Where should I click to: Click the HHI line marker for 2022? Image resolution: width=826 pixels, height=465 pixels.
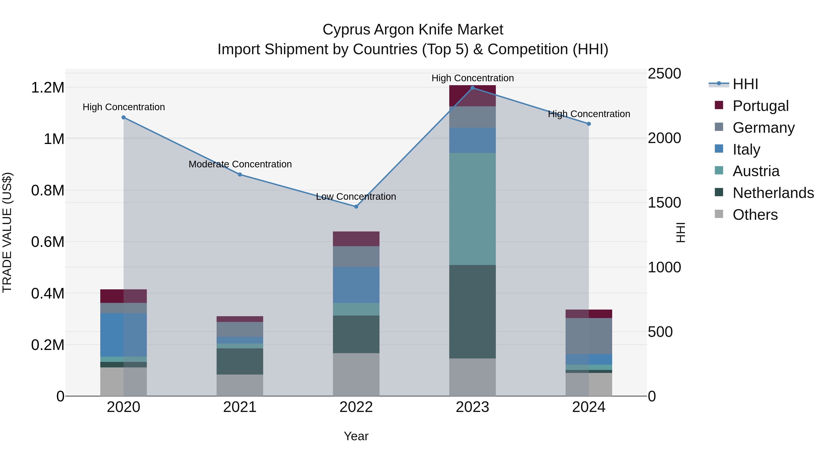356,207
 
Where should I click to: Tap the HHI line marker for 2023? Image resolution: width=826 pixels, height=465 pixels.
472,88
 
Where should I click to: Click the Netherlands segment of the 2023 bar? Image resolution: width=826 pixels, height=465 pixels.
472,311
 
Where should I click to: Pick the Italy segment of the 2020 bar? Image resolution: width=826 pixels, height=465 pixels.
123,335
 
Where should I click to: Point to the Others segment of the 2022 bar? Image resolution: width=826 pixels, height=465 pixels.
356,375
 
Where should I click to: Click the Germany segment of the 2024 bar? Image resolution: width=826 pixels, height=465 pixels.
589,336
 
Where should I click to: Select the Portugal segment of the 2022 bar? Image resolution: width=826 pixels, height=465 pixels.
356,239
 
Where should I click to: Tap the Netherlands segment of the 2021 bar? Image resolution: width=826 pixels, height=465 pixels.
240,361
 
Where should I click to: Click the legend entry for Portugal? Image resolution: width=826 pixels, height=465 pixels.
760,106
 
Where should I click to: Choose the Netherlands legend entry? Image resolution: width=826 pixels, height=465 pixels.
773,193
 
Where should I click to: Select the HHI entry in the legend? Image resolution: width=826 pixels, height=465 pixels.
745,84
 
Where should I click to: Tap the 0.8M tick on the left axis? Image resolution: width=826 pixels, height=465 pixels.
47,190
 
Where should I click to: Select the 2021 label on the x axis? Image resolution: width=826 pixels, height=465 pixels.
240,407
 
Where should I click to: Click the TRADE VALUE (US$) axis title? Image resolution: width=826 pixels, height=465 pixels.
7,232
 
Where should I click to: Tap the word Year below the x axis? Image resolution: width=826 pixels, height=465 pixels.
356,436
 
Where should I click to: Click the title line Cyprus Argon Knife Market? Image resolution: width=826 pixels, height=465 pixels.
413,30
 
